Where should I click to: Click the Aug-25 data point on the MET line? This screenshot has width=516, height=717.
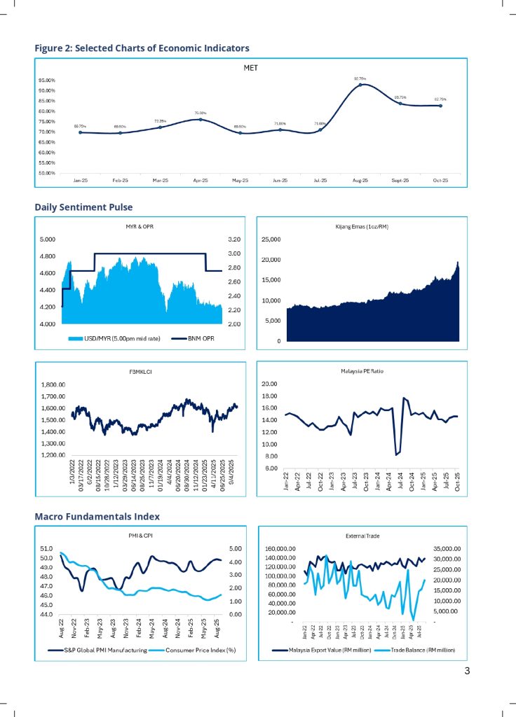[360, 85]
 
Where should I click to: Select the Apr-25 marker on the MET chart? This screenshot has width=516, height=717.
[201, 120]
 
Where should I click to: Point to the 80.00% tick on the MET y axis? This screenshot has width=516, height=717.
[46, 111]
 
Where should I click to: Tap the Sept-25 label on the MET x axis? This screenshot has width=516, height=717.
[400, 180]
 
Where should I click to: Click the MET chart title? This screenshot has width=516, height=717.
[251, 68]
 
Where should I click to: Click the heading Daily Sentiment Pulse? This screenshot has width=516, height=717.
[83, 207]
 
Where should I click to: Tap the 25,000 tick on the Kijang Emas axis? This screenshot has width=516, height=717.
[271, 239]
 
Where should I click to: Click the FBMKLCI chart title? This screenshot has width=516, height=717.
[141, 371]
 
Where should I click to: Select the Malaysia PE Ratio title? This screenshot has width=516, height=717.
[360, 371]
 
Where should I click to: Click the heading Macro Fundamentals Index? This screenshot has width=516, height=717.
[97, 517]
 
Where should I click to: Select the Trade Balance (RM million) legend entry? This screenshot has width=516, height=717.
[415, 650]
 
